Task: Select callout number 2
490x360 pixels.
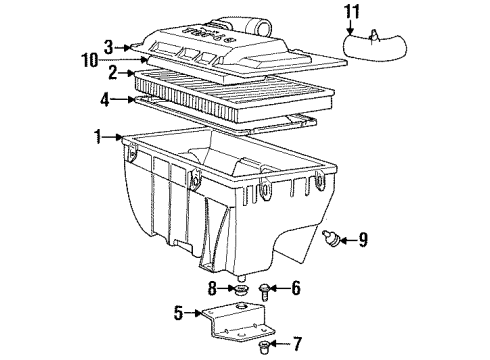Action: [x=114, y=73]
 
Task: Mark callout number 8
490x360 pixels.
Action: [x=213, y=290]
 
